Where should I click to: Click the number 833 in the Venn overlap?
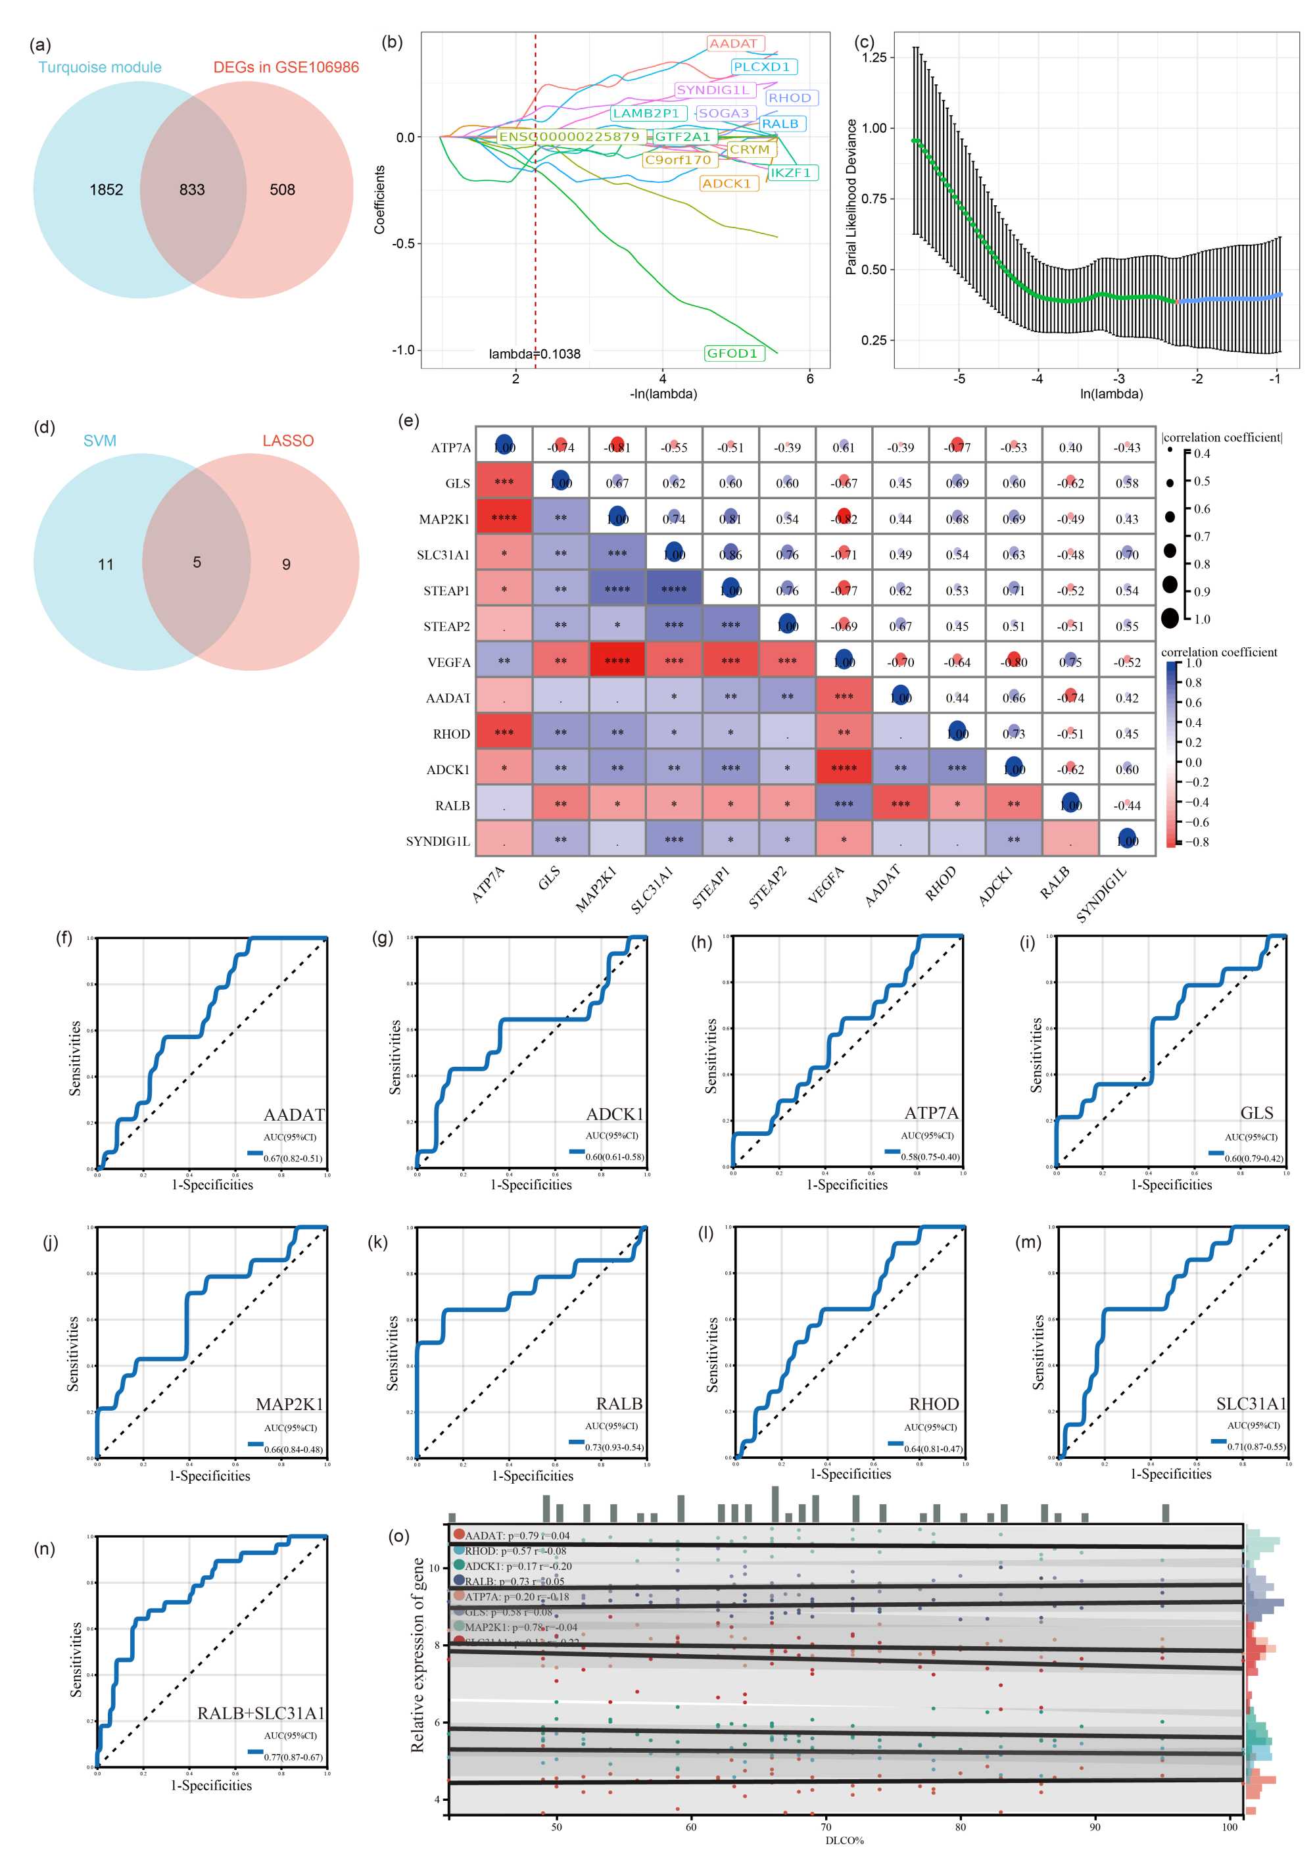coord(192,189)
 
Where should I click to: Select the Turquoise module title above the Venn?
coord(99,67)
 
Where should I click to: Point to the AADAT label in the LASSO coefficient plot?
coord(734,44)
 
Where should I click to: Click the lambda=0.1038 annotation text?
coord(535,354)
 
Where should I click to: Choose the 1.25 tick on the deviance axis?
coord(874,57)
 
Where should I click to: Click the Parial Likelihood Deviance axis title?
coord(851,197)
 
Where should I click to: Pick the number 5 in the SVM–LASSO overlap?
coord(197,562)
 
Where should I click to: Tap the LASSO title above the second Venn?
coord(287,441)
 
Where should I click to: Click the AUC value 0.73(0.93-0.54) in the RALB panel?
coord(615,1447)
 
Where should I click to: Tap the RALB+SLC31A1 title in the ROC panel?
coord(261,1713)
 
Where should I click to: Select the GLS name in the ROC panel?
coord(1256,1113)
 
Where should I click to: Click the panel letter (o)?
coord(398,1536)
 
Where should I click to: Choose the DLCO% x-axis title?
coord(844,1840)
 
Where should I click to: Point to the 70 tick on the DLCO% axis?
coord(825,1827)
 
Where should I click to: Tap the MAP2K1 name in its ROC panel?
coord(290,1404)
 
